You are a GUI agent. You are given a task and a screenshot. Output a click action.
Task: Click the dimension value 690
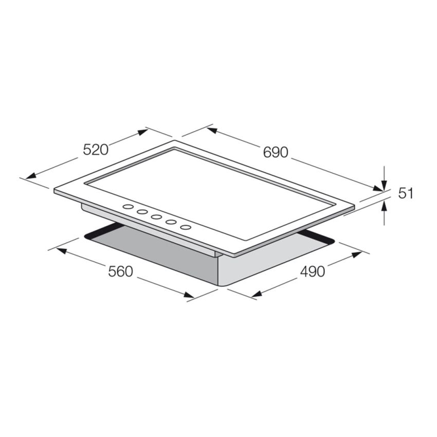click(x=276, y=152)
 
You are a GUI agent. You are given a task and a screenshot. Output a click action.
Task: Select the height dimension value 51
click(x=406, y=193)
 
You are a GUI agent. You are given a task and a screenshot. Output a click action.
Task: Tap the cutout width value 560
click(x=121, y=271)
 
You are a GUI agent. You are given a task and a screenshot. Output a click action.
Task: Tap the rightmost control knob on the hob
click(x=185, y=226)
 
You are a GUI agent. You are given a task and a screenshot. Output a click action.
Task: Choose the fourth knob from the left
click(x=171, y=222)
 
